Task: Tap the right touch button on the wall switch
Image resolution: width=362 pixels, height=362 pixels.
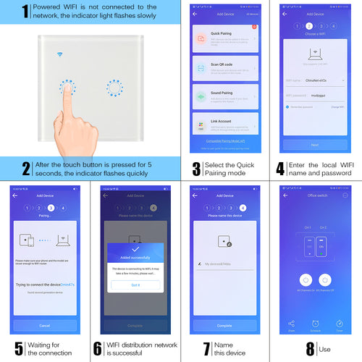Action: (114, 88)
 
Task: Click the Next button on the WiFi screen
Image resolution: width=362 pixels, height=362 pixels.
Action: (314, 145)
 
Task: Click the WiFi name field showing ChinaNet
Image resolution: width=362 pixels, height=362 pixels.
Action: (314, 81)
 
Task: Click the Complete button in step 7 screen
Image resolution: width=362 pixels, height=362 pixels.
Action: (224, 326)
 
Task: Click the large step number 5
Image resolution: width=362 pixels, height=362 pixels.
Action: (18, 349)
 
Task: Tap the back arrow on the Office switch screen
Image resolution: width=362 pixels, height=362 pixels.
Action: (286, 195)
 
